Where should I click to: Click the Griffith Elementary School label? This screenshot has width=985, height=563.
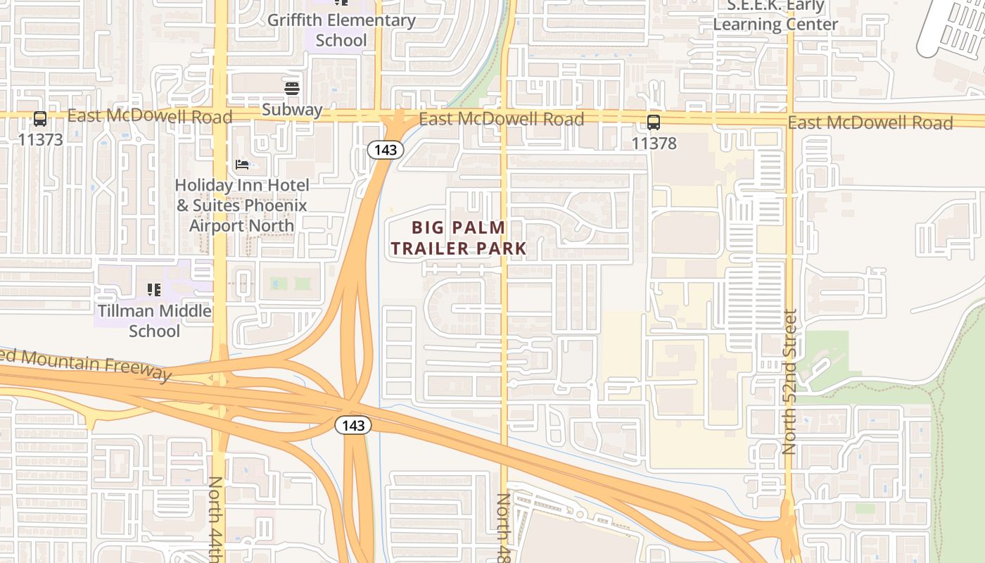[x=341, y=30]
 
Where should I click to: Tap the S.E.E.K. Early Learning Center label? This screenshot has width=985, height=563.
[x=775, y=15]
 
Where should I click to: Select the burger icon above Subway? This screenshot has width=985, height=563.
[x=292, y=88]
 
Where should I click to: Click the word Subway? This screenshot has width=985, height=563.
[x=292, y=110]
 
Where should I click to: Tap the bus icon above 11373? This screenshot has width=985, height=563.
[x=40, y=119]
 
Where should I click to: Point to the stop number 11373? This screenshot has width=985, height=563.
[x=40, y=139]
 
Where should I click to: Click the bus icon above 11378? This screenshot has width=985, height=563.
[x=654, y=122]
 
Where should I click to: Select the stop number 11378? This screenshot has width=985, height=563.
[x=654, y=144]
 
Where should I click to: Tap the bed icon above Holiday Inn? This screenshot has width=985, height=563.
[x=242, y=165]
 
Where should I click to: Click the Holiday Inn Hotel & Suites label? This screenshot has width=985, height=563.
[x=241, y=205]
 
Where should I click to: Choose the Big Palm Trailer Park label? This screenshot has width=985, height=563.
[x=459, y=238]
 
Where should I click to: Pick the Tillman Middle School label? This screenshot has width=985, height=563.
[x=154, y=320]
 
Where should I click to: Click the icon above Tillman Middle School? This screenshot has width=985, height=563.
[x=154, y=289]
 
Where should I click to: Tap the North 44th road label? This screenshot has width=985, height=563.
[x=216, y=519]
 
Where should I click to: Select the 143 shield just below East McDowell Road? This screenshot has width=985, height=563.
[x=385, y=150]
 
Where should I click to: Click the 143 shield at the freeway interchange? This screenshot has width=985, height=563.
[x=352, y=425]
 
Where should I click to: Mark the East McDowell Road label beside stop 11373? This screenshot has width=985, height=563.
[x=150, y=116]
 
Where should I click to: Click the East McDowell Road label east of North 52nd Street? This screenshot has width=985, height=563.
[x=870, y=123]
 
